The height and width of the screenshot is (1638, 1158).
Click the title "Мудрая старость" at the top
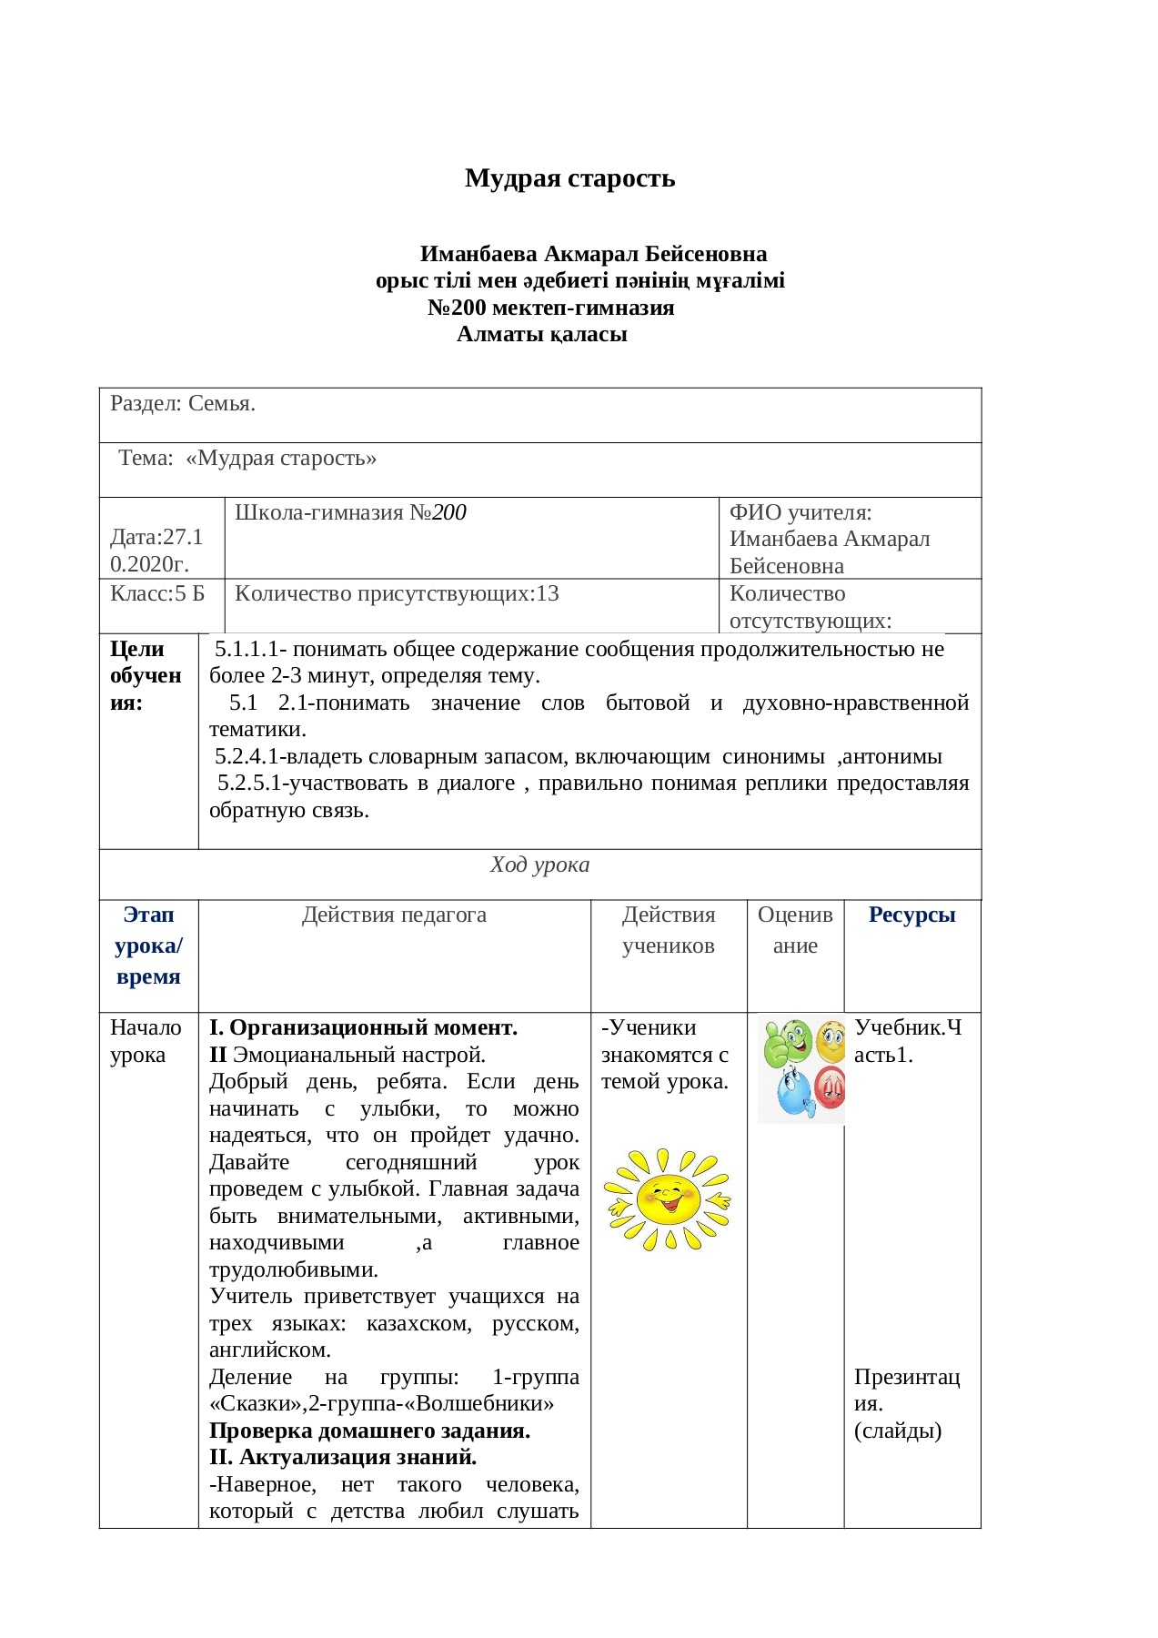(x=569, y=178)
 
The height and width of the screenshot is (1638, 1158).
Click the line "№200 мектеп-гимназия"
(x=550, y=308)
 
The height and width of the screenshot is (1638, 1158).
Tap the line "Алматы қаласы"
(x=541, y=335)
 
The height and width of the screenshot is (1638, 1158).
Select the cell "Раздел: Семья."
(x=183, y=404)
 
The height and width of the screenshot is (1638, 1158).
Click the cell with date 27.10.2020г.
(x=156, y=551)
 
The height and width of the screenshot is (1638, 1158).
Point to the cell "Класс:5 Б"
(x=157, y=594)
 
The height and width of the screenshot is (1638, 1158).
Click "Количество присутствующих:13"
(x=397, y=594)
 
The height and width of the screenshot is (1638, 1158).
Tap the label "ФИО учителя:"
(x=800, y=512)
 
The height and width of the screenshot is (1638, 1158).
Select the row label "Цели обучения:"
(x=146, y=676)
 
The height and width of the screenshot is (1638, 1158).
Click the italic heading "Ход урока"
(x=539, y=865)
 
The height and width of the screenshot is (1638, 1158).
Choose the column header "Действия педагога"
(x=394, y=915)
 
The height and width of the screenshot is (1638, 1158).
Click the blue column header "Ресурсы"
(x=911, y=915)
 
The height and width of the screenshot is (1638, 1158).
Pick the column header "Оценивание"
(x=795, y=930)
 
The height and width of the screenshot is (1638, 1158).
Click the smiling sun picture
(x=667, y=1199)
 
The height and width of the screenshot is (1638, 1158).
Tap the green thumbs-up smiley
(x=786, y=1043)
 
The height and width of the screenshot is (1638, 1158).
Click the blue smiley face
(x=793, y=1093)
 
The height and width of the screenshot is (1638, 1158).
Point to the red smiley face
(x=831, y=1087)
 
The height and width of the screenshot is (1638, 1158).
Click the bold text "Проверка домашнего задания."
(x=369, y=1431)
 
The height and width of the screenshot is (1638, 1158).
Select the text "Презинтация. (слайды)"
(x=906, y=1403)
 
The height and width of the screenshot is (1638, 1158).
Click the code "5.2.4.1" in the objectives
(x=249, y=757)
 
